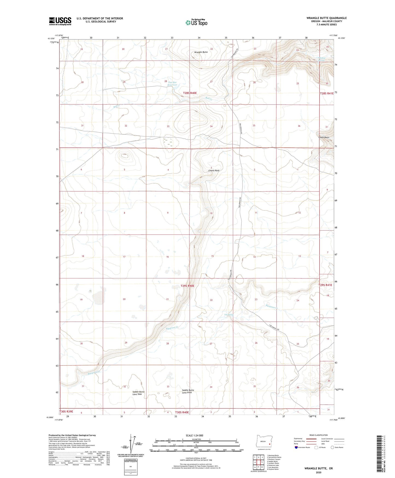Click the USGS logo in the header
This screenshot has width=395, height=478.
click(60, 21)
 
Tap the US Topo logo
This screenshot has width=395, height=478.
click(196, 22)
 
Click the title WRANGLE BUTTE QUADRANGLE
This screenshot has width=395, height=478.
click(326, 18)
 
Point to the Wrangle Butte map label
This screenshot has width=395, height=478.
click(201, 52)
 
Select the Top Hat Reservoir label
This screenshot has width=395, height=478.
click(172, 83)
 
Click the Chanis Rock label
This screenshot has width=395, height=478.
click(214, 171)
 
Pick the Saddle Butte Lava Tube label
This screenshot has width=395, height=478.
click(138, 393)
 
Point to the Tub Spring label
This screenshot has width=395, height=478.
click(229, 315)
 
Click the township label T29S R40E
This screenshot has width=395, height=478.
click(187, 286)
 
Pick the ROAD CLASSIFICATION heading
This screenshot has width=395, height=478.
click(318, 435)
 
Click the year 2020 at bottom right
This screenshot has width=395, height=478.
click(318, 472)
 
